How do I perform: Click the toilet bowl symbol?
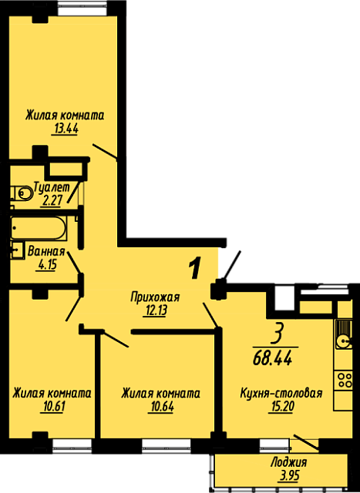pos(22,193)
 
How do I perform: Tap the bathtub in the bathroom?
pos(39,228)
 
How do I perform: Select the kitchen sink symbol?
pos(343,334)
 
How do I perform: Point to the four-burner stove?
pos(343,380)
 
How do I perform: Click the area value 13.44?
pos(65,129)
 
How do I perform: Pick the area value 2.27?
pos(52,200)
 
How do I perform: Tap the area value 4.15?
pos(46,265)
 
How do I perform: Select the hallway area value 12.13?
pos(154,310)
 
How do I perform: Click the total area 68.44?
pos(273,357)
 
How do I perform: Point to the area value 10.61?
pos(52,407)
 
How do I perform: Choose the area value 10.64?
pos(160,407)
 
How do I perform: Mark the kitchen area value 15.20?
pos(281,407)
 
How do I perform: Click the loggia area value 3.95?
pos(288,475)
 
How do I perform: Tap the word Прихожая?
pos(155,297)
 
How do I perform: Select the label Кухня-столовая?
pos(281,393)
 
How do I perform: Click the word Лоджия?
pos(288,462)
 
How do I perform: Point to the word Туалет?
pos(52,187)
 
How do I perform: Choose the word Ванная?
pos(46,252)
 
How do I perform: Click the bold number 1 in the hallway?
pos(195,267)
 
